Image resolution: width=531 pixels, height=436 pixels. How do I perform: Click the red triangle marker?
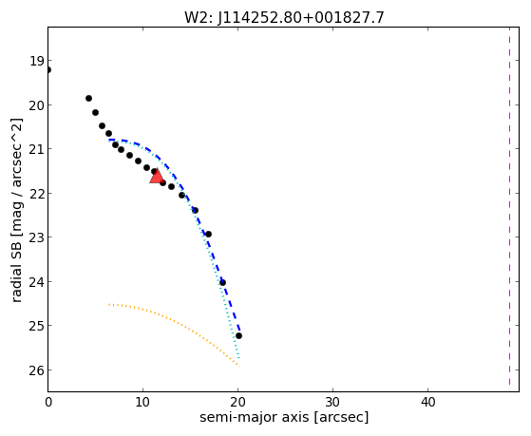[x=157, y=176]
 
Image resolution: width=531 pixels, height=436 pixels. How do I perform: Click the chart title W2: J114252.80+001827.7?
[x=284, y=18]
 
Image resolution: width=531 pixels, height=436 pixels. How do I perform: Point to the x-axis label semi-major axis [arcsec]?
[x=284, y=417]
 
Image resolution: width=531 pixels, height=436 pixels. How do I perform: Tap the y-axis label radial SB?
[x=16, y=211]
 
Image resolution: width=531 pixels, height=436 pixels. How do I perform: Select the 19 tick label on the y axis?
[x=36, y=62]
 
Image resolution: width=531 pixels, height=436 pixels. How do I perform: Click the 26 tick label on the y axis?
[x=36, y=370]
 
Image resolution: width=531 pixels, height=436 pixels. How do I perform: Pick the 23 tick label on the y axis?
[x=36, y=237]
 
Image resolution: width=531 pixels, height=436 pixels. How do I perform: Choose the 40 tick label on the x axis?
[x=428, y=403]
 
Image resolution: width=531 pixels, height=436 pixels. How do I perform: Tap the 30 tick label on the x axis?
[x=332, y=403]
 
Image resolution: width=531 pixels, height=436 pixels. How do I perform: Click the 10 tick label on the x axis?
[x=142, y=403]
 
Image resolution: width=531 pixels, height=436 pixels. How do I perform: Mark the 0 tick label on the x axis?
[x=48, y=403]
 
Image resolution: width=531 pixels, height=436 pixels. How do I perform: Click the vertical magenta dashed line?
[x=509, y=206]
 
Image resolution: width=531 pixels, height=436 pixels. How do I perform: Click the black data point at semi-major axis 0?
[x=48, y=69]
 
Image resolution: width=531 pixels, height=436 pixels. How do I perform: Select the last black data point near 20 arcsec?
[x=238, y=335]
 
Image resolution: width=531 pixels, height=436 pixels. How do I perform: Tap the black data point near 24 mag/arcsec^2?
[x=222, y=282]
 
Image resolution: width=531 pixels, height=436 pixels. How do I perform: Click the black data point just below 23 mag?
[x=208, y=234]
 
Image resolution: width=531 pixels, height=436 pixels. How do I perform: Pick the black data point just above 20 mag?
[x=88, y=98]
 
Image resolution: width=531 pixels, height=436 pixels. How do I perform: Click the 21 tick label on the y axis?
[x=36, y=149]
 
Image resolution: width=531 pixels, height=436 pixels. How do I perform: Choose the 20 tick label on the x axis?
[x=237, y=403]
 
